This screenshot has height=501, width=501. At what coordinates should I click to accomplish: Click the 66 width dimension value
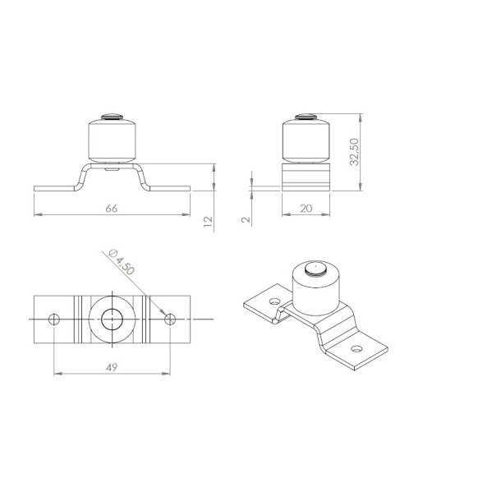112,209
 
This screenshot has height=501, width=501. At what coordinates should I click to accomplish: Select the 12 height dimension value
208,222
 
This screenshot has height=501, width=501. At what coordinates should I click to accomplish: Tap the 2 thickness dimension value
246,219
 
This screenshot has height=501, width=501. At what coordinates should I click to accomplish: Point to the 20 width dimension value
306,209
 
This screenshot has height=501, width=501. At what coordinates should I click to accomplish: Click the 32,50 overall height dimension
354,152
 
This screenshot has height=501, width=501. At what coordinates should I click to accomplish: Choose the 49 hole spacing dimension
112,367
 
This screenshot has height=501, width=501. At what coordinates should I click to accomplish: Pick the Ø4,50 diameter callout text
122,262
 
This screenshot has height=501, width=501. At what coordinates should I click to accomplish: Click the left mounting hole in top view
54,319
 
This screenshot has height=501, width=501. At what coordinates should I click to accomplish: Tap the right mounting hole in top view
170,319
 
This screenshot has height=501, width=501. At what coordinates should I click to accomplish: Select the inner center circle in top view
113,319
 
